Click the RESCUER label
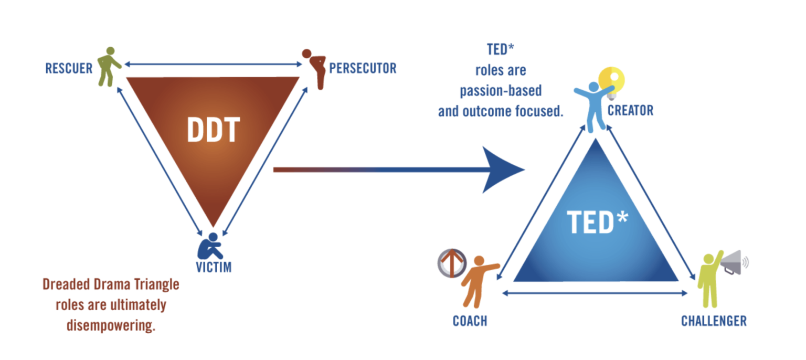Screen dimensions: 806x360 click(69, 68)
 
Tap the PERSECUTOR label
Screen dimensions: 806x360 click(363, 68)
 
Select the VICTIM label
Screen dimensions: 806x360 click(214, 267)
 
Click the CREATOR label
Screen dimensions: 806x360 click(630, 111)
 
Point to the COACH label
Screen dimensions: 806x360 click(470, 321)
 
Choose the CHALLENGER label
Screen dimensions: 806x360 click(714, 321)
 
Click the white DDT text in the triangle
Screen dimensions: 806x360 click(214, 130)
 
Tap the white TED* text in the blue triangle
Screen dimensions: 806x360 click(597, 222)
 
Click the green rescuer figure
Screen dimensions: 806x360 click(109, 67)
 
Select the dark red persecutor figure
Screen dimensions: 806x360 click(314, 69)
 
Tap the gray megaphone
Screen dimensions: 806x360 click(735, 262)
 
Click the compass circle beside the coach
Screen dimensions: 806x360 click(452, 263)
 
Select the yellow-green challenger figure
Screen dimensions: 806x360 click(710, 279)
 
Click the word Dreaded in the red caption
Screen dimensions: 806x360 click(66, 284)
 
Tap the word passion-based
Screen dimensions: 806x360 click(501, 91)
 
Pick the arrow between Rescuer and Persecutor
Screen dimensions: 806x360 click(214, 65)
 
